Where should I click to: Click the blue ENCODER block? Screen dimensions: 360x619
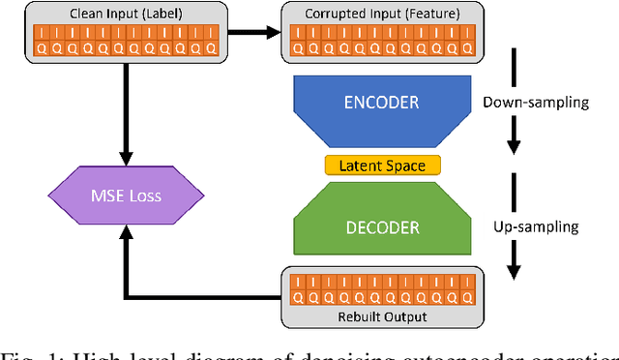[382, 103]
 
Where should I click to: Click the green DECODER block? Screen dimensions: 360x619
[382, 227]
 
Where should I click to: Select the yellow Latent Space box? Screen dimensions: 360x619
[382, 165]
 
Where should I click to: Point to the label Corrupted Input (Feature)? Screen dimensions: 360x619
[382, 14]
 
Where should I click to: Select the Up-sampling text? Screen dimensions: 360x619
[544, 227]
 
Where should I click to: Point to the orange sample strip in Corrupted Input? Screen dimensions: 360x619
[382, 40]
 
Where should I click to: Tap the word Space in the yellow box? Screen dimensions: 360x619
[405, 165]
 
